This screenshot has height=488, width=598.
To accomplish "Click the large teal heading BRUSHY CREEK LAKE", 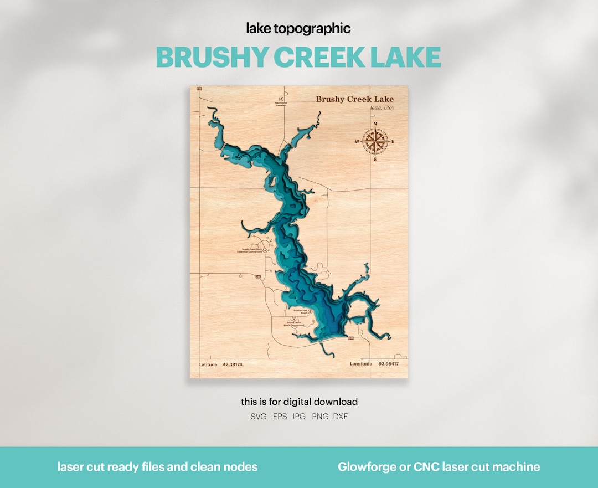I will [298, 57].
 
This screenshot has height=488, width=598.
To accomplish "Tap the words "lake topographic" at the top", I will [298, 29].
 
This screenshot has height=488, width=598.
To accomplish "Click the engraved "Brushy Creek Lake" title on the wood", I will [354, 100].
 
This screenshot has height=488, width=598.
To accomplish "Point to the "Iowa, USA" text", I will [382, 107].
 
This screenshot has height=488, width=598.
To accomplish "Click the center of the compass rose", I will [375, 141].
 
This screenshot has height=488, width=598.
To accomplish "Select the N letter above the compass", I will [375, 124].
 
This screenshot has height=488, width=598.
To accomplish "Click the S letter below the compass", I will [375, 160].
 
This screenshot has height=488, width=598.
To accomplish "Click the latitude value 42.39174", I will [233, 364].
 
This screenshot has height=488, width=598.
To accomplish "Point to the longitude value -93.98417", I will [388, 364].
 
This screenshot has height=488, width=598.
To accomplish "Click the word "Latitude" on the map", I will [208, 364].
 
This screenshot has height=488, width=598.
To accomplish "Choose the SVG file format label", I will [258, 417].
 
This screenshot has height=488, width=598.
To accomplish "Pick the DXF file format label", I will [341, 417].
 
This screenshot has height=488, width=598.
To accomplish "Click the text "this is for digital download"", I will [299, 402].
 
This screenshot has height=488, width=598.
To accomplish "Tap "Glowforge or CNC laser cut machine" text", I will [439, 467].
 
